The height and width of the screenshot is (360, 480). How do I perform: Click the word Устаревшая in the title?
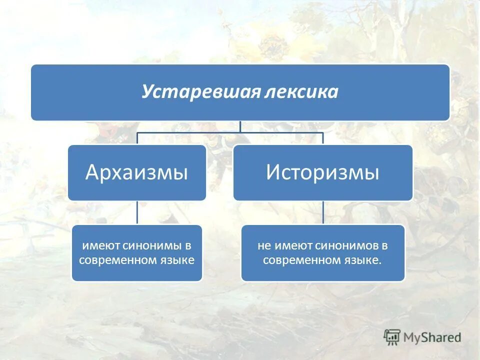pyautogui.click(x=198, y=92)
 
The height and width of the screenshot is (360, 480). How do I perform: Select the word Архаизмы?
pyautogui.click(x=136, y=172)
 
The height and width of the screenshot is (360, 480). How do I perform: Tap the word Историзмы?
pyautogui.click(x=322, y=172)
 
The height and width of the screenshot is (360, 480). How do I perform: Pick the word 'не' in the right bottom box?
pyautogui.click(x=263, y=246)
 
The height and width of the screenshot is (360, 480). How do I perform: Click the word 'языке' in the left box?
pyautogui.click(x=174, y=260)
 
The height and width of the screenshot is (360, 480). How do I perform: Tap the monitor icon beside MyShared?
pyautogui.click(x=392, y=337)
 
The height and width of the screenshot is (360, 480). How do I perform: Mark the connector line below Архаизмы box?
pyautogui.click(x=137, y=212)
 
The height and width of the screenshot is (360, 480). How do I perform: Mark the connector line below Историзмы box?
pyautogui.click(x=323, y=212)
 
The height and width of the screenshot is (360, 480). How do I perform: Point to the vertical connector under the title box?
pyautogui.click(x=240, y=126)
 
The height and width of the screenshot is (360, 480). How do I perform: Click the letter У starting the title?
pyautogui.click(x=146, y=92)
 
